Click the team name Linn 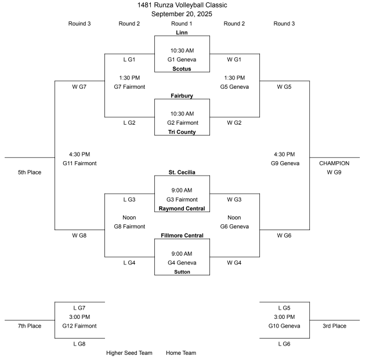point(182,32)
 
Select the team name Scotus point(182,69)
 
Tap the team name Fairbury point(182,96)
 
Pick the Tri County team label point(182,132)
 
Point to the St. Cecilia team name point(182,172)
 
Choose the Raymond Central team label point(182,209)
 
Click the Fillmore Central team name point(182,235)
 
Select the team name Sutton point(182,272)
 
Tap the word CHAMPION point(334,163)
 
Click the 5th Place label point(30,172)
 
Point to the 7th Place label point(30,326)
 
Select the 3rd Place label point(334,326)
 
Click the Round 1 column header point(182,24)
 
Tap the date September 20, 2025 point(182,14)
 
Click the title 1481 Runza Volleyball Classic point(182,5)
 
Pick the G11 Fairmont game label point(79,163)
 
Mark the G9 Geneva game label point(284,163)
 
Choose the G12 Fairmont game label point(79,326)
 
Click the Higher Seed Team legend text point(129,352)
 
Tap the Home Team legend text point(181,352)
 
